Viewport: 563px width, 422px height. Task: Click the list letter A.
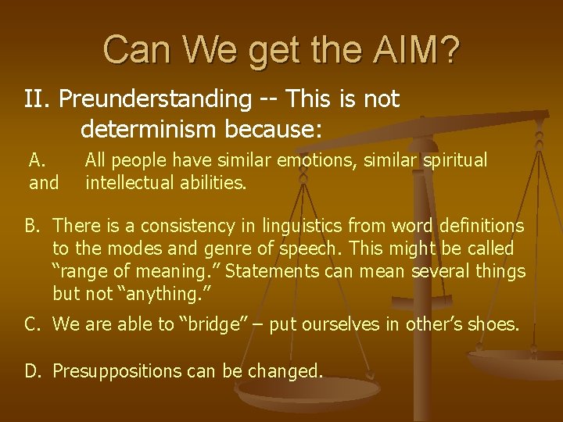point(38,161)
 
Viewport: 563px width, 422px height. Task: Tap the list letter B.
point(32,227)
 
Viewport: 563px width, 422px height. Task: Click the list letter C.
point(32,324)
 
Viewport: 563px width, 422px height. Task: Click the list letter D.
point(32,370)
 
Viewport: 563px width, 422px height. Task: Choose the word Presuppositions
point(119,370)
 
